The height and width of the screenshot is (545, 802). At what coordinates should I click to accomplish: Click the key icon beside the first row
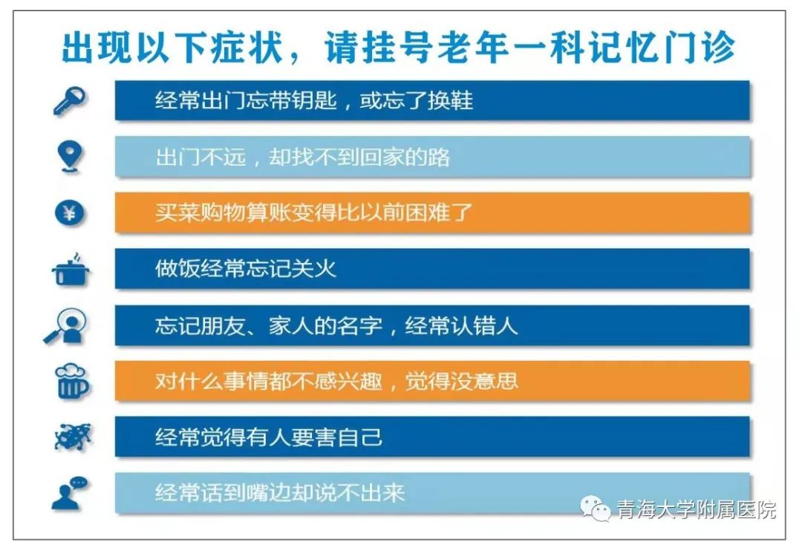[x=70, y=100]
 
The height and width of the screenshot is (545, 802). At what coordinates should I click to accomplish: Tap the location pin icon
[x=70, y=156]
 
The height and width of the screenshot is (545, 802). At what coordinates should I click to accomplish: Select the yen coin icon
[x=70, y=212]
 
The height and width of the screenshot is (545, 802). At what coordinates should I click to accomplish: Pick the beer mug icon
[x=71, y=382]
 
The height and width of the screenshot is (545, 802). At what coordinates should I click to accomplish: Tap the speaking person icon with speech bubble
[x=70, y=493]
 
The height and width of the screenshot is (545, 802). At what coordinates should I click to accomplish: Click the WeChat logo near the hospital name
[x=596, y=508]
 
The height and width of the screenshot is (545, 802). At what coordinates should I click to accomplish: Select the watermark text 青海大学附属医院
[x=696, y=509]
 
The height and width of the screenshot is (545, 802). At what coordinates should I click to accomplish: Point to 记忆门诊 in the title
[x=662, y=48]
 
